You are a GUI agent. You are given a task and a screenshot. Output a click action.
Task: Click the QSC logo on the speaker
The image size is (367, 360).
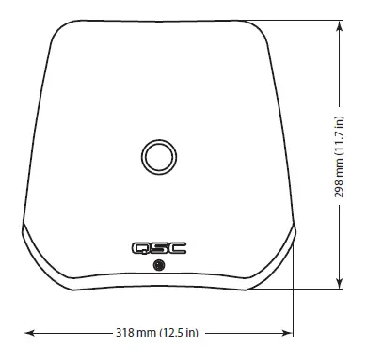[x=159, y=249]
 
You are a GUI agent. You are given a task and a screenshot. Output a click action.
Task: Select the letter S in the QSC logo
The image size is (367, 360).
[x=159, y=249]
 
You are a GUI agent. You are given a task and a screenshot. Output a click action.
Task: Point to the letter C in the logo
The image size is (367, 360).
[x=175, y=249]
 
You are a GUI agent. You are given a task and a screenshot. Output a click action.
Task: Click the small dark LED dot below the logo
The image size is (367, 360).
[x=159, y=267]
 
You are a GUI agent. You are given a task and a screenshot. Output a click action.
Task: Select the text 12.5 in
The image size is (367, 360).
[x=180, y=331]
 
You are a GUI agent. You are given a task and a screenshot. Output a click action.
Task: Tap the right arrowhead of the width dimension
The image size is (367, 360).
[x=292, y=331]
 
